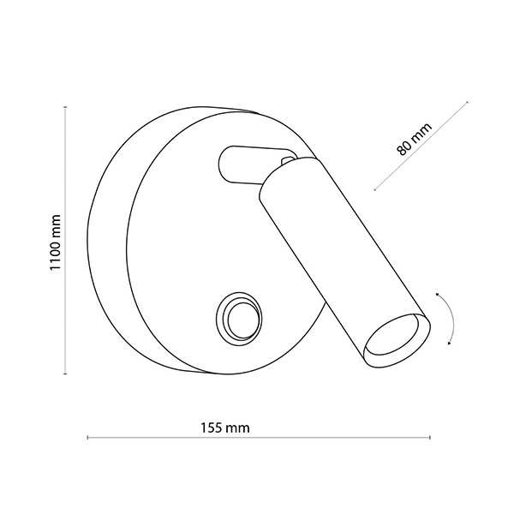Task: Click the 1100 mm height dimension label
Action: pyautogui.click(x=55, y=242)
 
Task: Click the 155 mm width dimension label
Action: pyautogui.click(x=225, y=427)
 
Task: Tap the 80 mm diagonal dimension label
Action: pyautogui.click(x=414, y=140)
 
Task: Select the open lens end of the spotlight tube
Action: pyautogui.click(x=397, y=341)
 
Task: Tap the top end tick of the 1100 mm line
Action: pyautogui.click(x=66, y=107)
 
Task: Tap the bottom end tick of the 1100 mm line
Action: pyautogui.click(x=66, y=374)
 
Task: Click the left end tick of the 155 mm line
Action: pyautogui.click(x=87, y=437)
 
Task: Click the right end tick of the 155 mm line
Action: pyautogui.click(x=430, y=437)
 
